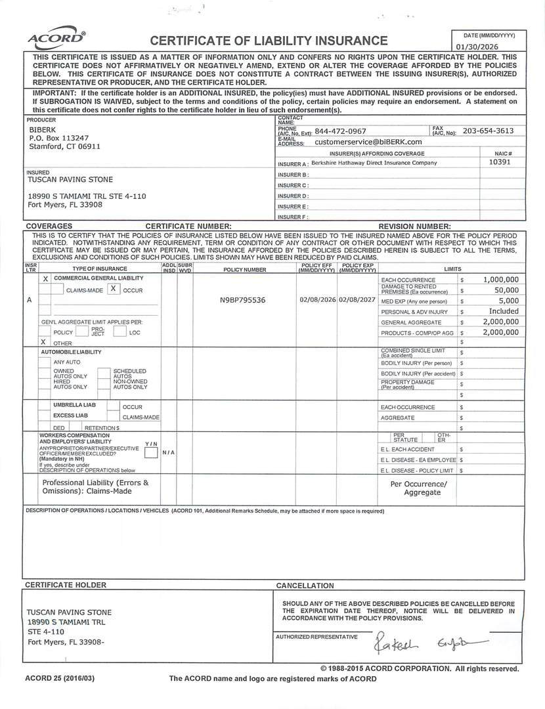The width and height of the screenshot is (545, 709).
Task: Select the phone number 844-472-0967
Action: (x=340, y=131)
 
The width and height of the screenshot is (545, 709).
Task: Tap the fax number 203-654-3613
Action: (x=488, y=131)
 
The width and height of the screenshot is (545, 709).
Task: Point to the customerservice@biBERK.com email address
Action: (x=368, y=141)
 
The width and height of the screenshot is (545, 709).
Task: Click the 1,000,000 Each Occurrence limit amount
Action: (x=500, y=279)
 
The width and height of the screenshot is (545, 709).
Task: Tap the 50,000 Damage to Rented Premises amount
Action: (x=506, y=290)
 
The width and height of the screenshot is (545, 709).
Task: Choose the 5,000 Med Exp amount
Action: (x=508, y=301)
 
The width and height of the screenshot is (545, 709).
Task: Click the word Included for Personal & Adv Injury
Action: (x=504, y=311)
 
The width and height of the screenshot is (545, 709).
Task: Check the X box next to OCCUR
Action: (x=113, y=289)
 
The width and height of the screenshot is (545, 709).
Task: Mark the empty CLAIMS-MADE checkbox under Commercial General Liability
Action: (x=57, y=290)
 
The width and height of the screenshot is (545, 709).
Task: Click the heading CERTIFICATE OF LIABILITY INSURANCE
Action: (x=269, y=41)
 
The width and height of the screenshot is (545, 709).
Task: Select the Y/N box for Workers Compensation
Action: (x=152, y=452)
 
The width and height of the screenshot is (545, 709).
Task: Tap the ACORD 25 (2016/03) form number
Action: (x=60, y=678)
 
